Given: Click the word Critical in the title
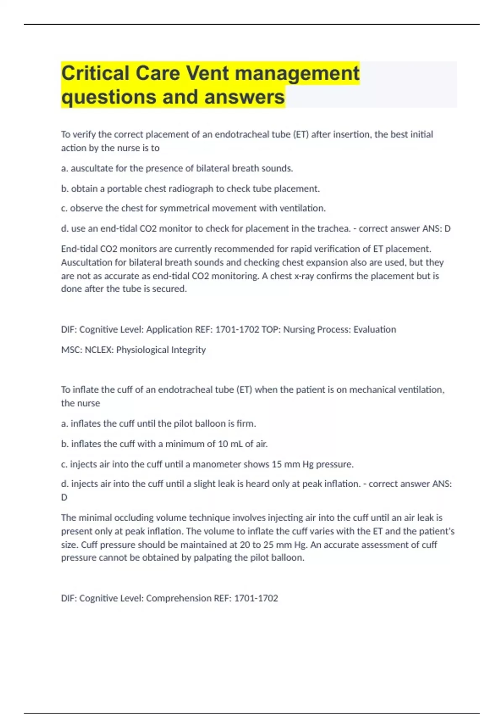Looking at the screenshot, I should tap(95, 73).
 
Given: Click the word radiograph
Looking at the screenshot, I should tap(191, 189).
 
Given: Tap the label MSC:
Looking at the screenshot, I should tap(72, 350).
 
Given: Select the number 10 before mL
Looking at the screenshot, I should tap(223, 444).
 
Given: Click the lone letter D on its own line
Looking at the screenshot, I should tap(64, 497).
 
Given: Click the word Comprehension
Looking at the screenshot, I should tap(179, 598).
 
